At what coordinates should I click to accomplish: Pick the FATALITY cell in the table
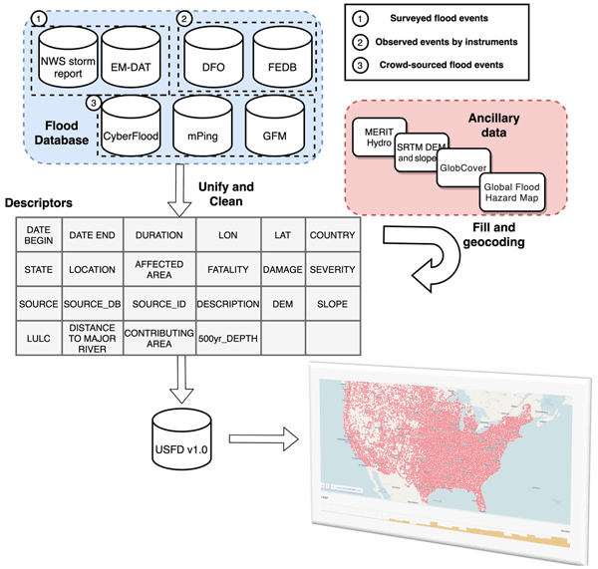coord(227,268)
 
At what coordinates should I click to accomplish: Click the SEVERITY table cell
coord(333,268)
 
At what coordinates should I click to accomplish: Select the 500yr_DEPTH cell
coord(227,336)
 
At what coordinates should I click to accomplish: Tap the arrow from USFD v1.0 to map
coord(263,437)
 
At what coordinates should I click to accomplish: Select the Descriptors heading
coord(40,201)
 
